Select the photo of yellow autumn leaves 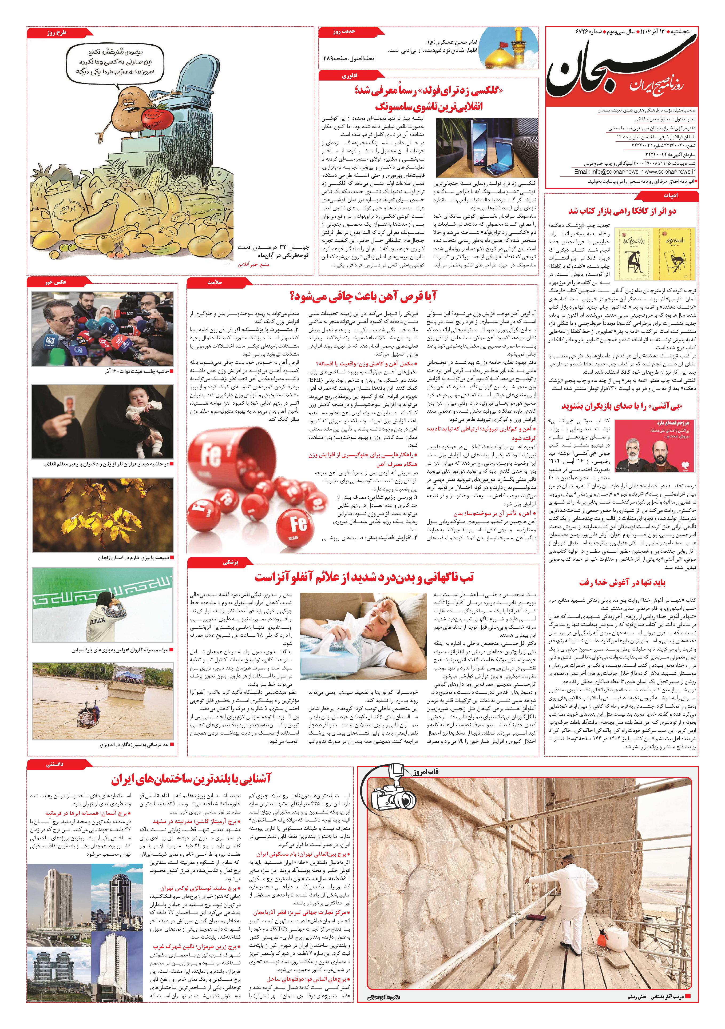point(102,515)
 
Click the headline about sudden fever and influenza point(363,577)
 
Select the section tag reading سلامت point(215,282)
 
